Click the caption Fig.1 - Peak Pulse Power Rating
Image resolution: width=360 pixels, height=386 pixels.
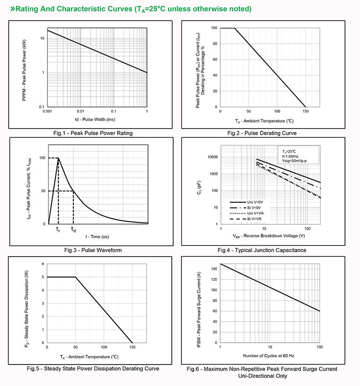tap(93, 133)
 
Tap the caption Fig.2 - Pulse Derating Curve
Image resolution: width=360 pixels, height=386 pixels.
tap(268, 133)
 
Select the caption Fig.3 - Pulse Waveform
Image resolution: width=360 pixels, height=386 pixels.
tap(93, 250)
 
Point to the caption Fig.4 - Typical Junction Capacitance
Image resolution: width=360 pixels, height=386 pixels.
tap(268, 250)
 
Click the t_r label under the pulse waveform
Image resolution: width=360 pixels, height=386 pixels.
tap(58, 230)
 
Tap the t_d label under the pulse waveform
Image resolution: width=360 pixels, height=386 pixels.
tap(73, 230)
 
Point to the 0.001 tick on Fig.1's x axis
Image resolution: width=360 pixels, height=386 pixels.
tap(47, 112)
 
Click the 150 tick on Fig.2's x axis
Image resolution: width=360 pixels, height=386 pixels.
tap(305, 112)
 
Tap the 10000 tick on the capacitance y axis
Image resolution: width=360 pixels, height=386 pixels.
tap(212, 157)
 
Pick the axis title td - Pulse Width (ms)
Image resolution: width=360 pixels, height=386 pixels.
tap(97, 119)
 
